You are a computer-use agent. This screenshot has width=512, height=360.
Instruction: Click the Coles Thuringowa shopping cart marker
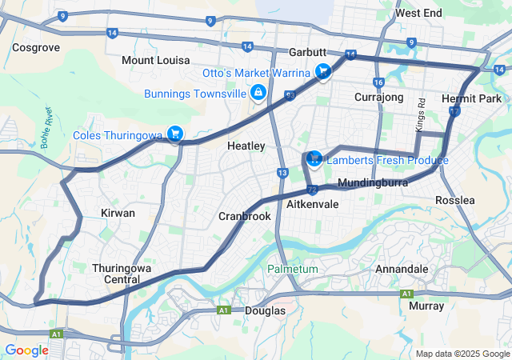174,133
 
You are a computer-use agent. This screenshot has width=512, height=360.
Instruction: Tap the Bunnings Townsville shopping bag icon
258,94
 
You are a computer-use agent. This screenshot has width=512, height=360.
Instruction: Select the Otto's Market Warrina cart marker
322,72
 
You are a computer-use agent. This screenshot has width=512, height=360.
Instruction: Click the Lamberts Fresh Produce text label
387,161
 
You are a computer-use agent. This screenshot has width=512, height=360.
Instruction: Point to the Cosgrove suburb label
36,48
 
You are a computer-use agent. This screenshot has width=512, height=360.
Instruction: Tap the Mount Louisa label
156,61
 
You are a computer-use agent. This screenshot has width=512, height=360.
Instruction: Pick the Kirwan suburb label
118,214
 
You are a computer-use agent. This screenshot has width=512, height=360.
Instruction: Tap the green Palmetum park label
292,270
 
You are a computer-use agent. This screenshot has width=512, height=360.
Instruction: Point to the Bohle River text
46,128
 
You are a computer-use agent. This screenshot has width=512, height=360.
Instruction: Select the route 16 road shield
378,82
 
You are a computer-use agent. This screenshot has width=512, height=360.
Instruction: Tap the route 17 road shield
454,112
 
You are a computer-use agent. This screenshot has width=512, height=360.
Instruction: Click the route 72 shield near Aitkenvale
312,190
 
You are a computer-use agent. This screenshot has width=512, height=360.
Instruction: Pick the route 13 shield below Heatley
282,173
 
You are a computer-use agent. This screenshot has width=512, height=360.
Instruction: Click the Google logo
26,350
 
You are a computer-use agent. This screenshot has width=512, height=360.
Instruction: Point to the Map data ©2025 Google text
462,354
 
